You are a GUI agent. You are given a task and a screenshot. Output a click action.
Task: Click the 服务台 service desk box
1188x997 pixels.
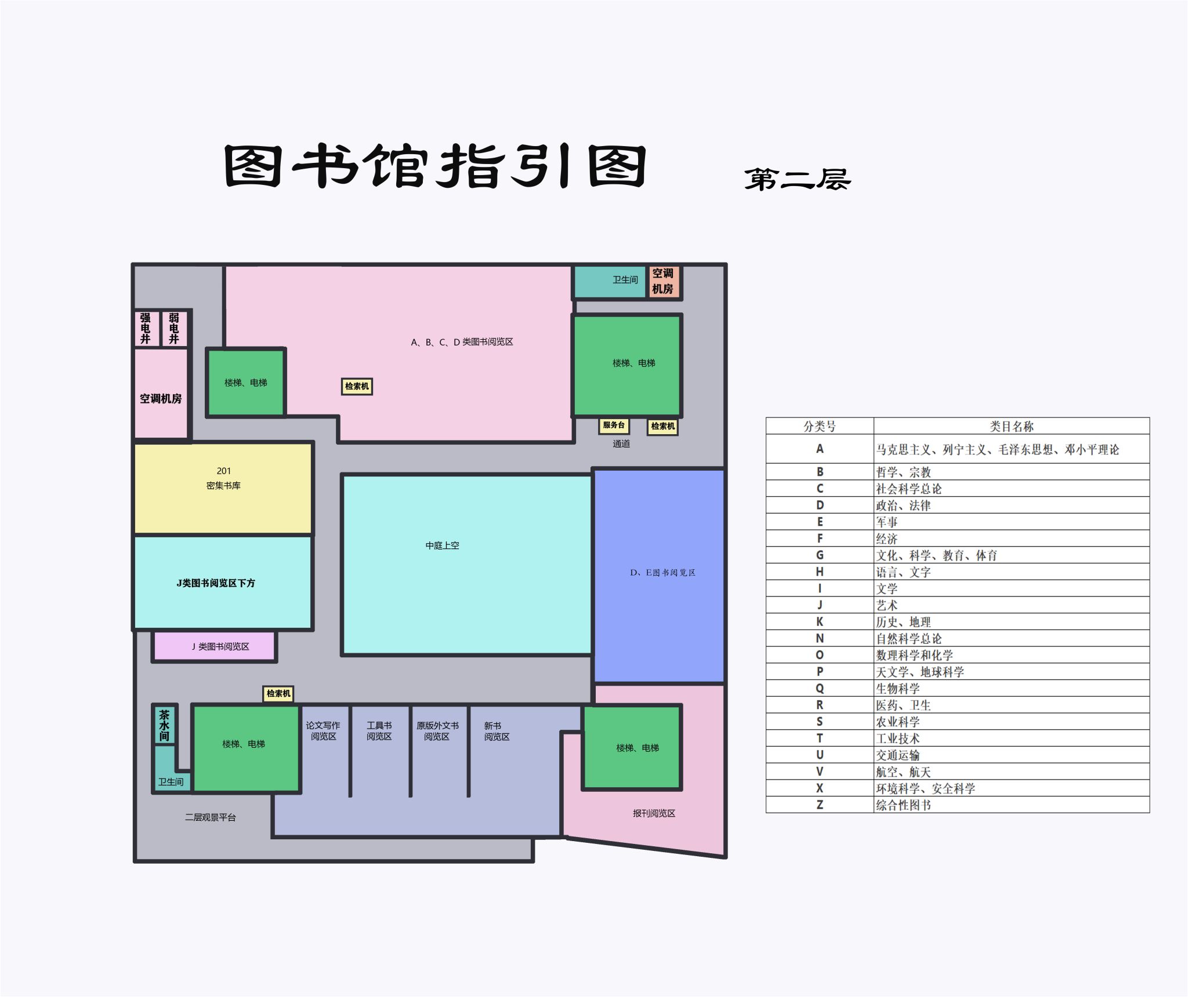(x=614, y=425)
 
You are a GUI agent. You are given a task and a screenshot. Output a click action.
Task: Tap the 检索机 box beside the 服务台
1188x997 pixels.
(x=662, y=427)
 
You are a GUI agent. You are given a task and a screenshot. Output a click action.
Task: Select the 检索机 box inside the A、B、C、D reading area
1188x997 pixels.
(x=357, y=387)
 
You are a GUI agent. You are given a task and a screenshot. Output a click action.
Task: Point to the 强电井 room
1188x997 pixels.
(x=146, y=329)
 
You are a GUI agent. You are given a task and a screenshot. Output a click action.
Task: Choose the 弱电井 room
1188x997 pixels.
(x=174, y=329)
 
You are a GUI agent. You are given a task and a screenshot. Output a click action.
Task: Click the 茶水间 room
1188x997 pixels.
(x=165, y=725)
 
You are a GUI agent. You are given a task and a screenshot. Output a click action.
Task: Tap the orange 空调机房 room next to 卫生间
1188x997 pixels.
(x=663, y=281)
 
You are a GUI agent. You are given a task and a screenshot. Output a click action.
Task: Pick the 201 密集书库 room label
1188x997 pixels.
(x=223, y=478)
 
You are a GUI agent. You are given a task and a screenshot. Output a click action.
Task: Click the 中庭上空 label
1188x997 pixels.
(x=442, y=545)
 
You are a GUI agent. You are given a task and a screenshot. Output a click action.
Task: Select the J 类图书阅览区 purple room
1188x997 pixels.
(x=215, y=646)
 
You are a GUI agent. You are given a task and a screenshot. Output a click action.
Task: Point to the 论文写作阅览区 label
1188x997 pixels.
(x=323, y=731)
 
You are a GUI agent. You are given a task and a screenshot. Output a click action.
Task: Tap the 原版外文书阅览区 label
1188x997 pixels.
(x=437, y=731)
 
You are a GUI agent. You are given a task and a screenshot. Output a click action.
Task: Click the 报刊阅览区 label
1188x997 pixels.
(x=654, y=813)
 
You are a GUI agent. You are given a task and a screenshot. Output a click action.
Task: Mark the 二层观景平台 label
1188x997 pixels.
(x=210, y=817)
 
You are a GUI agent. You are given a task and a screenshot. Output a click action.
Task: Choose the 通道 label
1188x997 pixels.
(x=621, y=443)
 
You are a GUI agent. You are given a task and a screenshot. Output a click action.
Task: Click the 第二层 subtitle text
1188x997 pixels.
(x=798, y=179)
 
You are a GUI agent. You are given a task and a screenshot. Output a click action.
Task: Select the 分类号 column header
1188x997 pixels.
(x=820, y=427)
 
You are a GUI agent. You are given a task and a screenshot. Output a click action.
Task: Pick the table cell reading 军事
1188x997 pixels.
(x=887, y=522)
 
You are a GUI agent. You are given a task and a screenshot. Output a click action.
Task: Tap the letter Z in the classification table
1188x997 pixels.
(x=820, y=805)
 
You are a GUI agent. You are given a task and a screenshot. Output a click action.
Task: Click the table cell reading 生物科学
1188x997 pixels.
(x=898, y=689)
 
